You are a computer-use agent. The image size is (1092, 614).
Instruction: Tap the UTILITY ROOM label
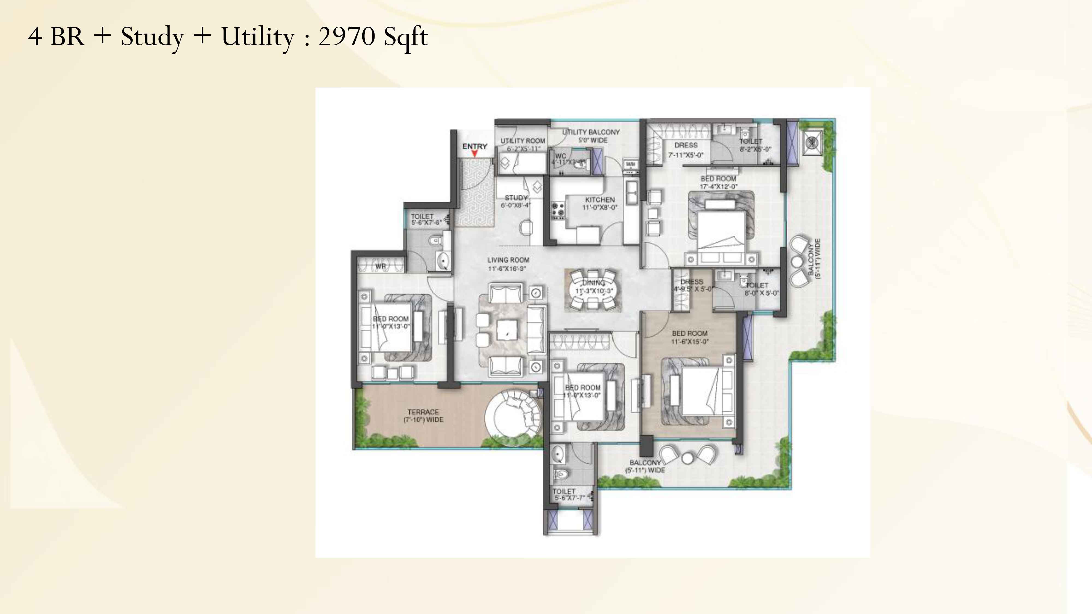click(523, 141)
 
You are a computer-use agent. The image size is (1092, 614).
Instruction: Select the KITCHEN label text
click(600, 199)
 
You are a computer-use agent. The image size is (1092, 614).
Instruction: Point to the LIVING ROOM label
click(508, 260)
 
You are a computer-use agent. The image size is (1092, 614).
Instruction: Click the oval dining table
click(593, 291)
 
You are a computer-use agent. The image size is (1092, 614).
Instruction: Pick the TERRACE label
click(423, 412)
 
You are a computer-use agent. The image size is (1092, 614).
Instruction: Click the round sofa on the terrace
click(513, 418)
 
